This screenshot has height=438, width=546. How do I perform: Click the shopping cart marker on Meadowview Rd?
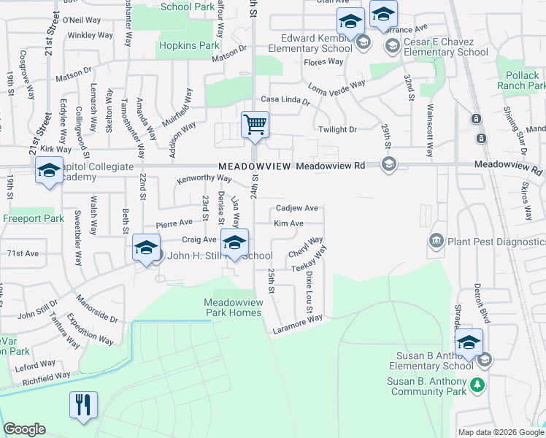[255, 125]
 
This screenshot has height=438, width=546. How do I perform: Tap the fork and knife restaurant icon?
[83, 405]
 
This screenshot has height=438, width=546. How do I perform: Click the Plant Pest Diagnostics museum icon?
[436, 242]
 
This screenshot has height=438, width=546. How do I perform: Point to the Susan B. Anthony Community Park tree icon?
[477, 383]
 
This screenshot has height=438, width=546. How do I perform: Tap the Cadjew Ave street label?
[296, 208]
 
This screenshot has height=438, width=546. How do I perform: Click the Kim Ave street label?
[288, 223]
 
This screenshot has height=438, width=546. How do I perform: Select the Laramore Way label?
[297, 323]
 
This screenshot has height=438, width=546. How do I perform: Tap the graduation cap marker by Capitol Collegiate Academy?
[49, 172]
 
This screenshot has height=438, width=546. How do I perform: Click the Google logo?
[24, 429]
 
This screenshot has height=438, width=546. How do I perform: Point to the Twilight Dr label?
[337, 129]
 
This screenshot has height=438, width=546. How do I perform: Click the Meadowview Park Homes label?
[232, 307]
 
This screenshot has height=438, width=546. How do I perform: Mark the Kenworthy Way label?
[204, 179]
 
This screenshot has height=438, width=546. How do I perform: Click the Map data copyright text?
[500, 431]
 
